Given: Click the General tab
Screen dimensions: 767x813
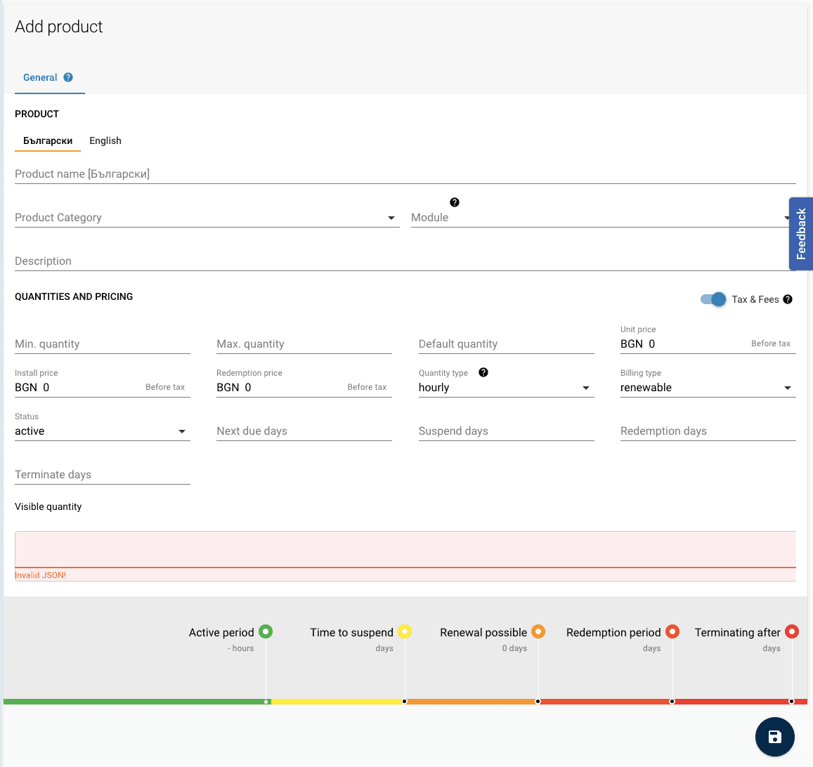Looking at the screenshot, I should (x=41, y=78).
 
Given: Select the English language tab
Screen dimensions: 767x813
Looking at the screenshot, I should (x=105, y=141).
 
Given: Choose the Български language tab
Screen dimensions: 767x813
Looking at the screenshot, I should (x=48, y=141).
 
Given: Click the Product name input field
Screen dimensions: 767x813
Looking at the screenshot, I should (x=405, y=174).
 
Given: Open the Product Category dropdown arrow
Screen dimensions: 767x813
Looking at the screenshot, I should (x=391, y=218).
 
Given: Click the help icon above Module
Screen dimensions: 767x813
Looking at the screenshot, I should (x=455, y=202).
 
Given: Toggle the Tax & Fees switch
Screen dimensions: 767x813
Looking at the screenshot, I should (x=713, y=299).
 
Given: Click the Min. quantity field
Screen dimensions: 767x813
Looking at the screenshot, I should (x=102, y=344).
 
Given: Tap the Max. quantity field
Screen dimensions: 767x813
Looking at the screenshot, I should (x=304, y=344).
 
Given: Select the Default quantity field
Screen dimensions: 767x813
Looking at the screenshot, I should (x=506, y=344).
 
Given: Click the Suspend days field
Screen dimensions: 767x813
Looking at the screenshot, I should (x=506, y=431).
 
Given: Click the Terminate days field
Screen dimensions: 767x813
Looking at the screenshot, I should (x=102, y=475).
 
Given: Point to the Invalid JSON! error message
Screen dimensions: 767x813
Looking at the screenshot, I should (x=41, y=575).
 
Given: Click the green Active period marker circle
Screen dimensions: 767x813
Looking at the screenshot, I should (x=266, y=631).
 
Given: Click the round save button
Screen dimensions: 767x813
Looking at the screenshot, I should (x=774, y=737).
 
